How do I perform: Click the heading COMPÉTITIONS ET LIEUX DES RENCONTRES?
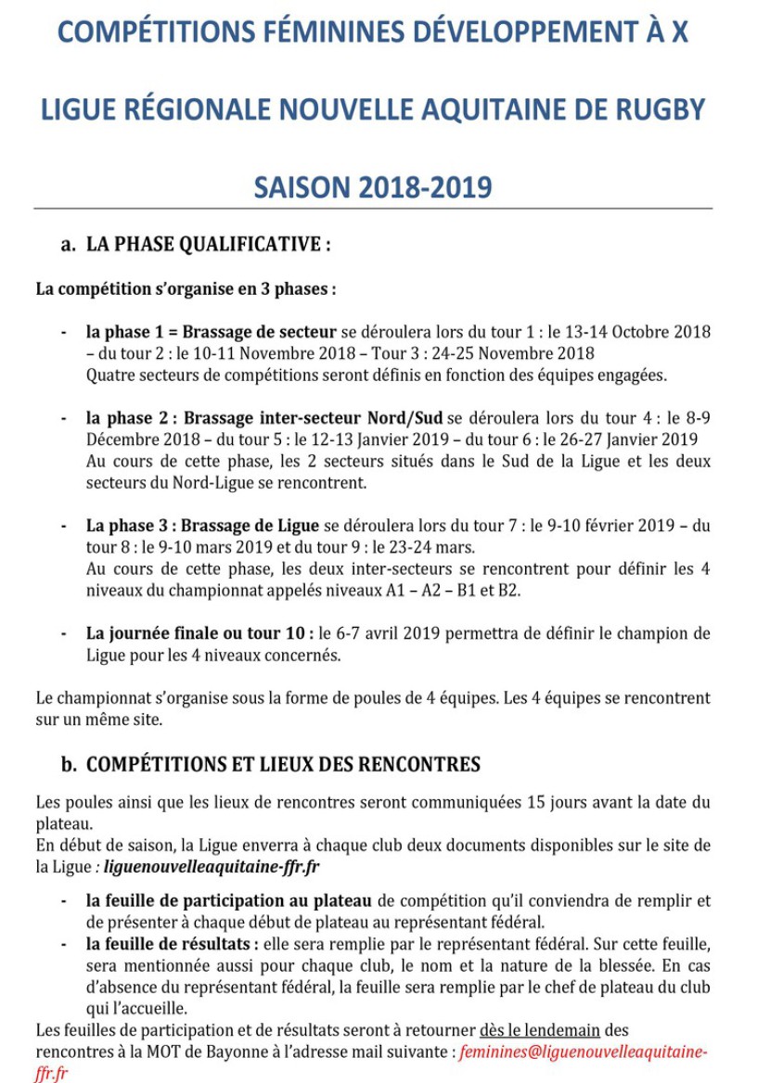pos(283,765)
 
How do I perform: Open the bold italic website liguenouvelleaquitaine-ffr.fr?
pos(209,867)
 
